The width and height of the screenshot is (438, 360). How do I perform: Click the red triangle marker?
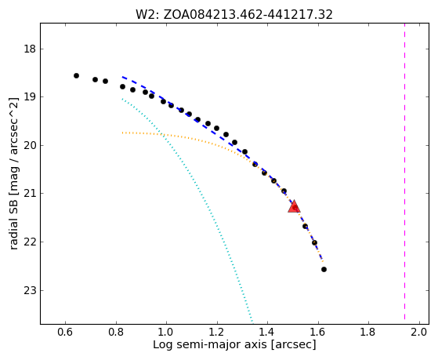(x=294, y=207)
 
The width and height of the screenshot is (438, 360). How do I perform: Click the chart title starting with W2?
(x=234, y=15)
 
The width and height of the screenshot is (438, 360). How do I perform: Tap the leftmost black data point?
(x=76, y=75)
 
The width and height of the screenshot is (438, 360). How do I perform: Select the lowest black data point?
(x=324, y=269)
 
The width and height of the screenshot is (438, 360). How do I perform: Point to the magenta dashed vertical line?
(x=404, y=172)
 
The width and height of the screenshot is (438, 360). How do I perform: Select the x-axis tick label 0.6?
(x=65, y=332)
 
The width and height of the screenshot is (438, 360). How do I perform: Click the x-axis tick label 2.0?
(x=419, y=332)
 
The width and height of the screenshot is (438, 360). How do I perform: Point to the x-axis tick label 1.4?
(x=268, y=332)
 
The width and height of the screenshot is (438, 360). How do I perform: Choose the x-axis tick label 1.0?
(x=166, y=332)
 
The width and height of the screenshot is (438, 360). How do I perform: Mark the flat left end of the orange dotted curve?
(x=122, y=133)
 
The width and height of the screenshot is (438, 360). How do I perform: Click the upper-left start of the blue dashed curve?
(x=123, y=77)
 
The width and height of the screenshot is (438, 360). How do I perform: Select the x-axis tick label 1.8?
(x=369, y=332)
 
